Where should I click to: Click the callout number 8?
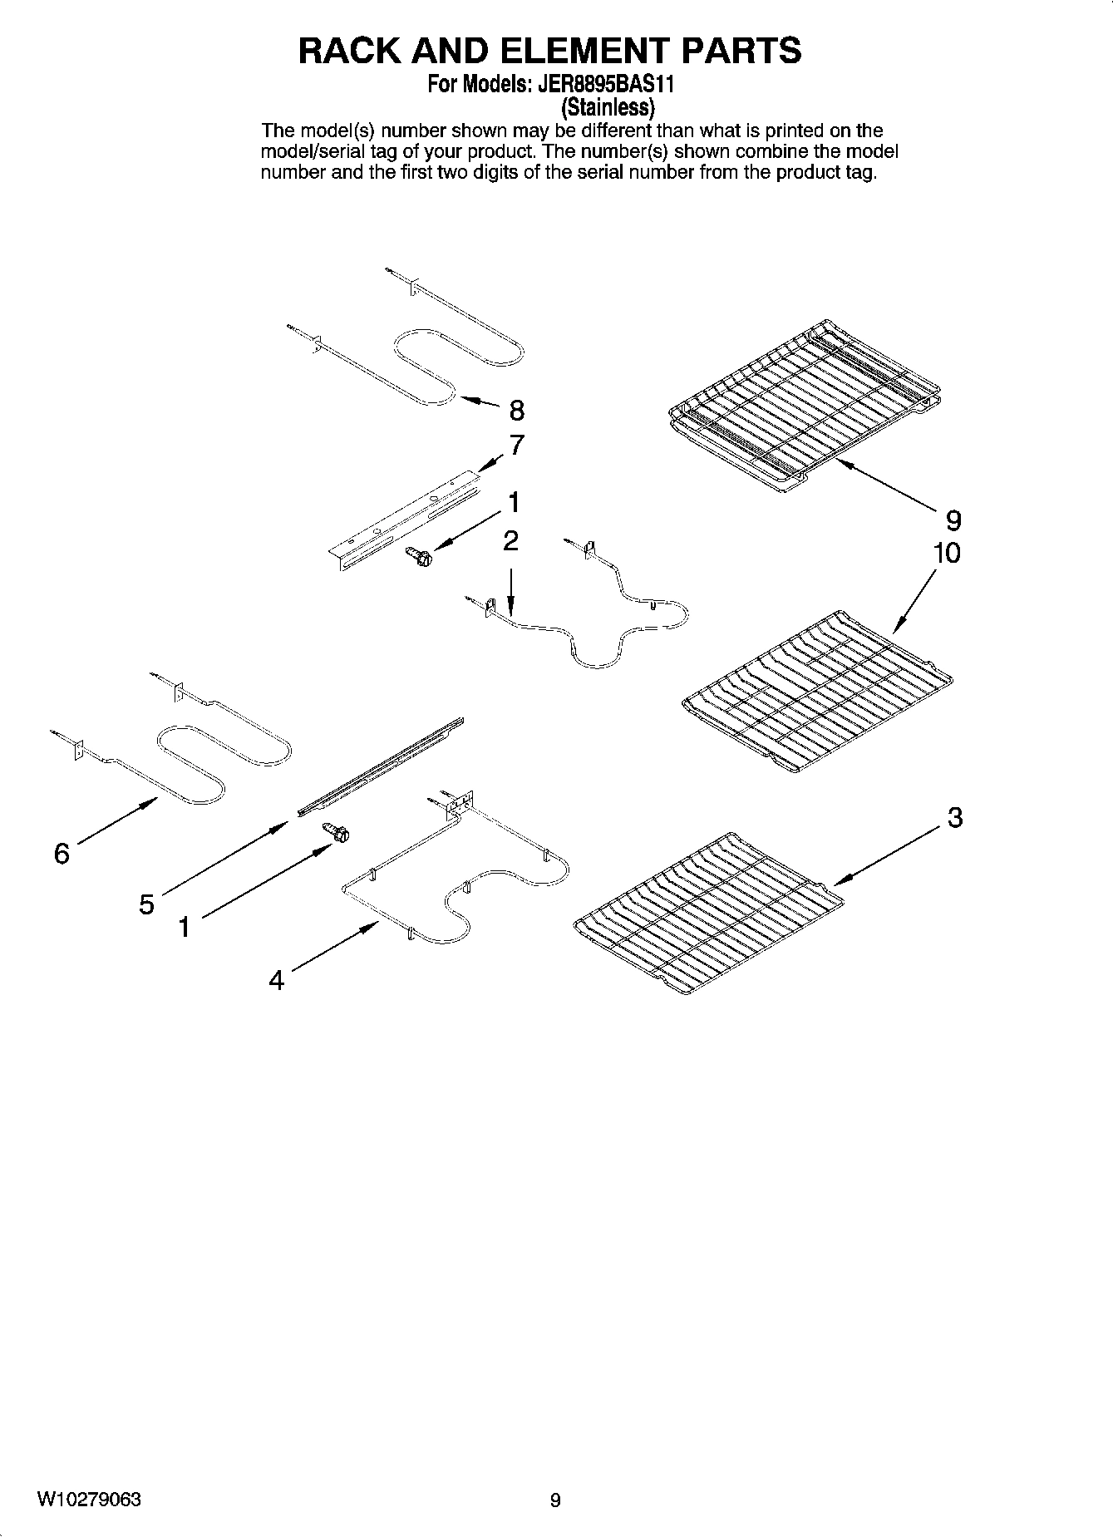(x=516, y=410)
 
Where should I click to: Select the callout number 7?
(x=516, y=446)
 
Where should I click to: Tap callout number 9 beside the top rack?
(x=953, y=521)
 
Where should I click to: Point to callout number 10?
(x=946, y=553)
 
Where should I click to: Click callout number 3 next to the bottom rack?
(x=955, y=817)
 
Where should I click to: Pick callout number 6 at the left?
(x=62, y=854)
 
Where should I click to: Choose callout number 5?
(x=146, y=904)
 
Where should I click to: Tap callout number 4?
(x=276, y=981)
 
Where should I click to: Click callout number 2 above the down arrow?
(x=510, y=541)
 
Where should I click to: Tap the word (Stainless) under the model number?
(x=608, y=107)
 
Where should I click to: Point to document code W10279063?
(x=89, y=1500)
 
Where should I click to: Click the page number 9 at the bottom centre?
(x=555, y=1500)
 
